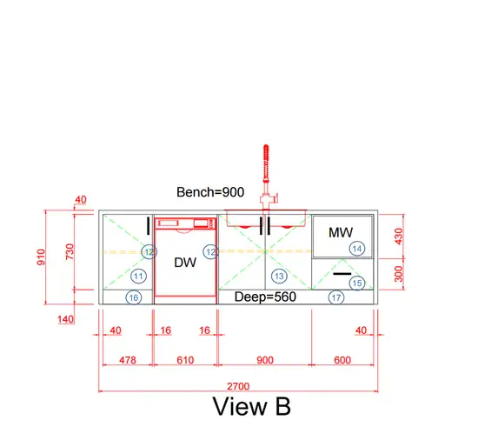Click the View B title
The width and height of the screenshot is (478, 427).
pos(251,406)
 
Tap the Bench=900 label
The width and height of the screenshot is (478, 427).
pos(210,192)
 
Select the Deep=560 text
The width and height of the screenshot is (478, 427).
pos(265,297)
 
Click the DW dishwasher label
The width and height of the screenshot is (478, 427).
pos(185,263)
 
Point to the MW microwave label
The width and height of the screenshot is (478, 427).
pos(341,232)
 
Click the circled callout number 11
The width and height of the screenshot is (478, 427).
pos(138,277)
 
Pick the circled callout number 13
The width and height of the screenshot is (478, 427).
pos(279,277)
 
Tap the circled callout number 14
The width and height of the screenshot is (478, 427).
pos(357,249)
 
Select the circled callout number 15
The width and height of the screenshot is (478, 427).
pos(357,283)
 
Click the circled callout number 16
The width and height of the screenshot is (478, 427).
pos(134,297)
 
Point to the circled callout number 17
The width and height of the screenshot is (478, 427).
pos(336,297)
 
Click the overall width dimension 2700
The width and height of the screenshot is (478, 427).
pos(238,386)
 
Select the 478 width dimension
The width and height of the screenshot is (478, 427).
pos(128,360)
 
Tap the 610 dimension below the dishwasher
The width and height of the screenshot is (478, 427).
pos(185,360)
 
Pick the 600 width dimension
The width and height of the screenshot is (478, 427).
pos(342,360)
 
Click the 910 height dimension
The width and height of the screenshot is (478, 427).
pos(41,257)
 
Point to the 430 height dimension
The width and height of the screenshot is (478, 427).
pos(399,237)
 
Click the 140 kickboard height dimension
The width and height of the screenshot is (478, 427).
pos(65,319)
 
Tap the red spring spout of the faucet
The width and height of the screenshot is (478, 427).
pos(266,163)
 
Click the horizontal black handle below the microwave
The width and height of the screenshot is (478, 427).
pos(342,274)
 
